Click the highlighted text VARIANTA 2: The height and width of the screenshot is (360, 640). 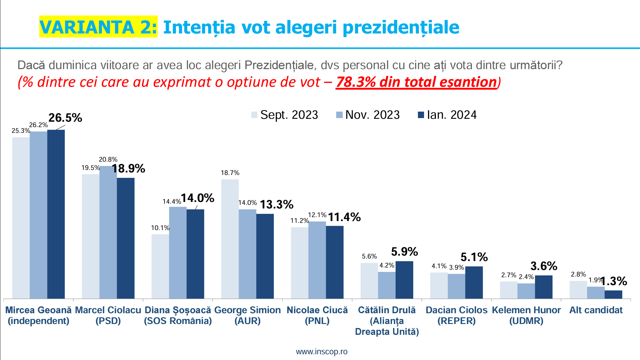click(x=98, y=27)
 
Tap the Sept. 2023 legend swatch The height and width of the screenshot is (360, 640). click(x=254, y=115)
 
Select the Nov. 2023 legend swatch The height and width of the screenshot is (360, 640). click(x=339, y=115)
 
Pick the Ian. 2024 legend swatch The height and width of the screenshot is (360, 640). click(x=421, y=115)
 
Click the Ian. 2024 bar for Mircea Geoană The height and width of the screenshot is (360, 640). click(x=56, y=214)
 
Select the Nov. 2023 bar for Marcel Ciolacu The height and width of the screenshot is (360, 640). click(x=108, y=232)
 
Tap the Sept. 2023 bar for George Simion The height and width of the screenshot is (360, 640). click(x=230, y=239)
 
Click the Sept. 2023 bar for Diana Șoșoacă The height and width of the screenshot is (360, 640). click(x=160, y=266)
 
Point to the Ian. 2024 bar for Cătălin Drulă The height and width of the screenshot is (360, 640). click(x=404, y=280)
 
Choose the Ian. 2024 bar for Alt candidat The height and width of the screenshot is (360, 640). click(x=613, y=294)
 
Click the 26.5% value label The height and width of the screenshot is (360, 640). click(x=65, y=118)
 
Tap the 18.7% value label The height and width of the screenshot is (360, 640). click(x=230, y=173)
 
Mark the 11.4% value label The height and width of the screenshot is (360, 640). click(x=344, y=217)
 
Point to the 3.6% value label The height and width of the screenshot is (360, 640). click(x=544, y=266)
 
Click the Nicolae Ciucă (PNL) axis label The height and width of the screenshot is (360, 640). click(x=317, y=315)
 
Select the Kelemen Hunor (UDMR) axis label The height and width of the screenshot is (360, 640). click(x=526, y=315)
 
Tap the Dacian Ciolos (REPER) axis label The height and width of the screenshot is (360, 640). click(x=456, y=315)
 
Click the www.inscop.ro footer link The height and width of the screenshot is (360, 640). click(x=321, y=351)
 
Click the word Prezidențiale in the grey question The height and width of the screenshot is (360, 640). click(x=279, y=65)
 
